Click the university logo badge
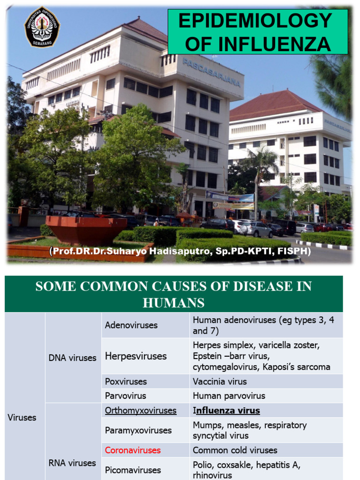42,26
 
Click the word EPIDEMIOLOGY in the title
255,21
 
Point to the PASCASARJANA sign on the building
211,72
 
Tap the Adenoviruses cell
131,325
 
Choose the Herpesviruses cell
136,356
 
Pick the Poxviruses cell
126,382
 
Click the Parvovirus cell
126,396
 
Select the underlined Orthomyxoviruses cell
141,411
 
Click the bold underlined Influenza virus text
227,411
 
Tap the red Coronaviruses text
133,450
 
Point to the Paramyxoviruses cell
138,430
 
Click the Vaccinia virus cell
220,382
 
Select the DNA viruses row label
73,358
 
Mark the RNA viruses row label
72,463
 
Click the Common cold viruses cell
235,450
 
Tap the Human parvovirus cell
229,396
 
